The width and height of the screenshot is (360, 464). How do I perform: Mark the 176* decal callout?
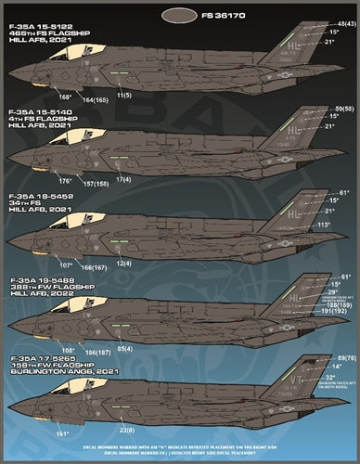pos(65,180)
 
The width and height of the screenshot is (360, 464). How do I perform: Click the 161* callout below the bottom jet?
pos(63,433)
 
